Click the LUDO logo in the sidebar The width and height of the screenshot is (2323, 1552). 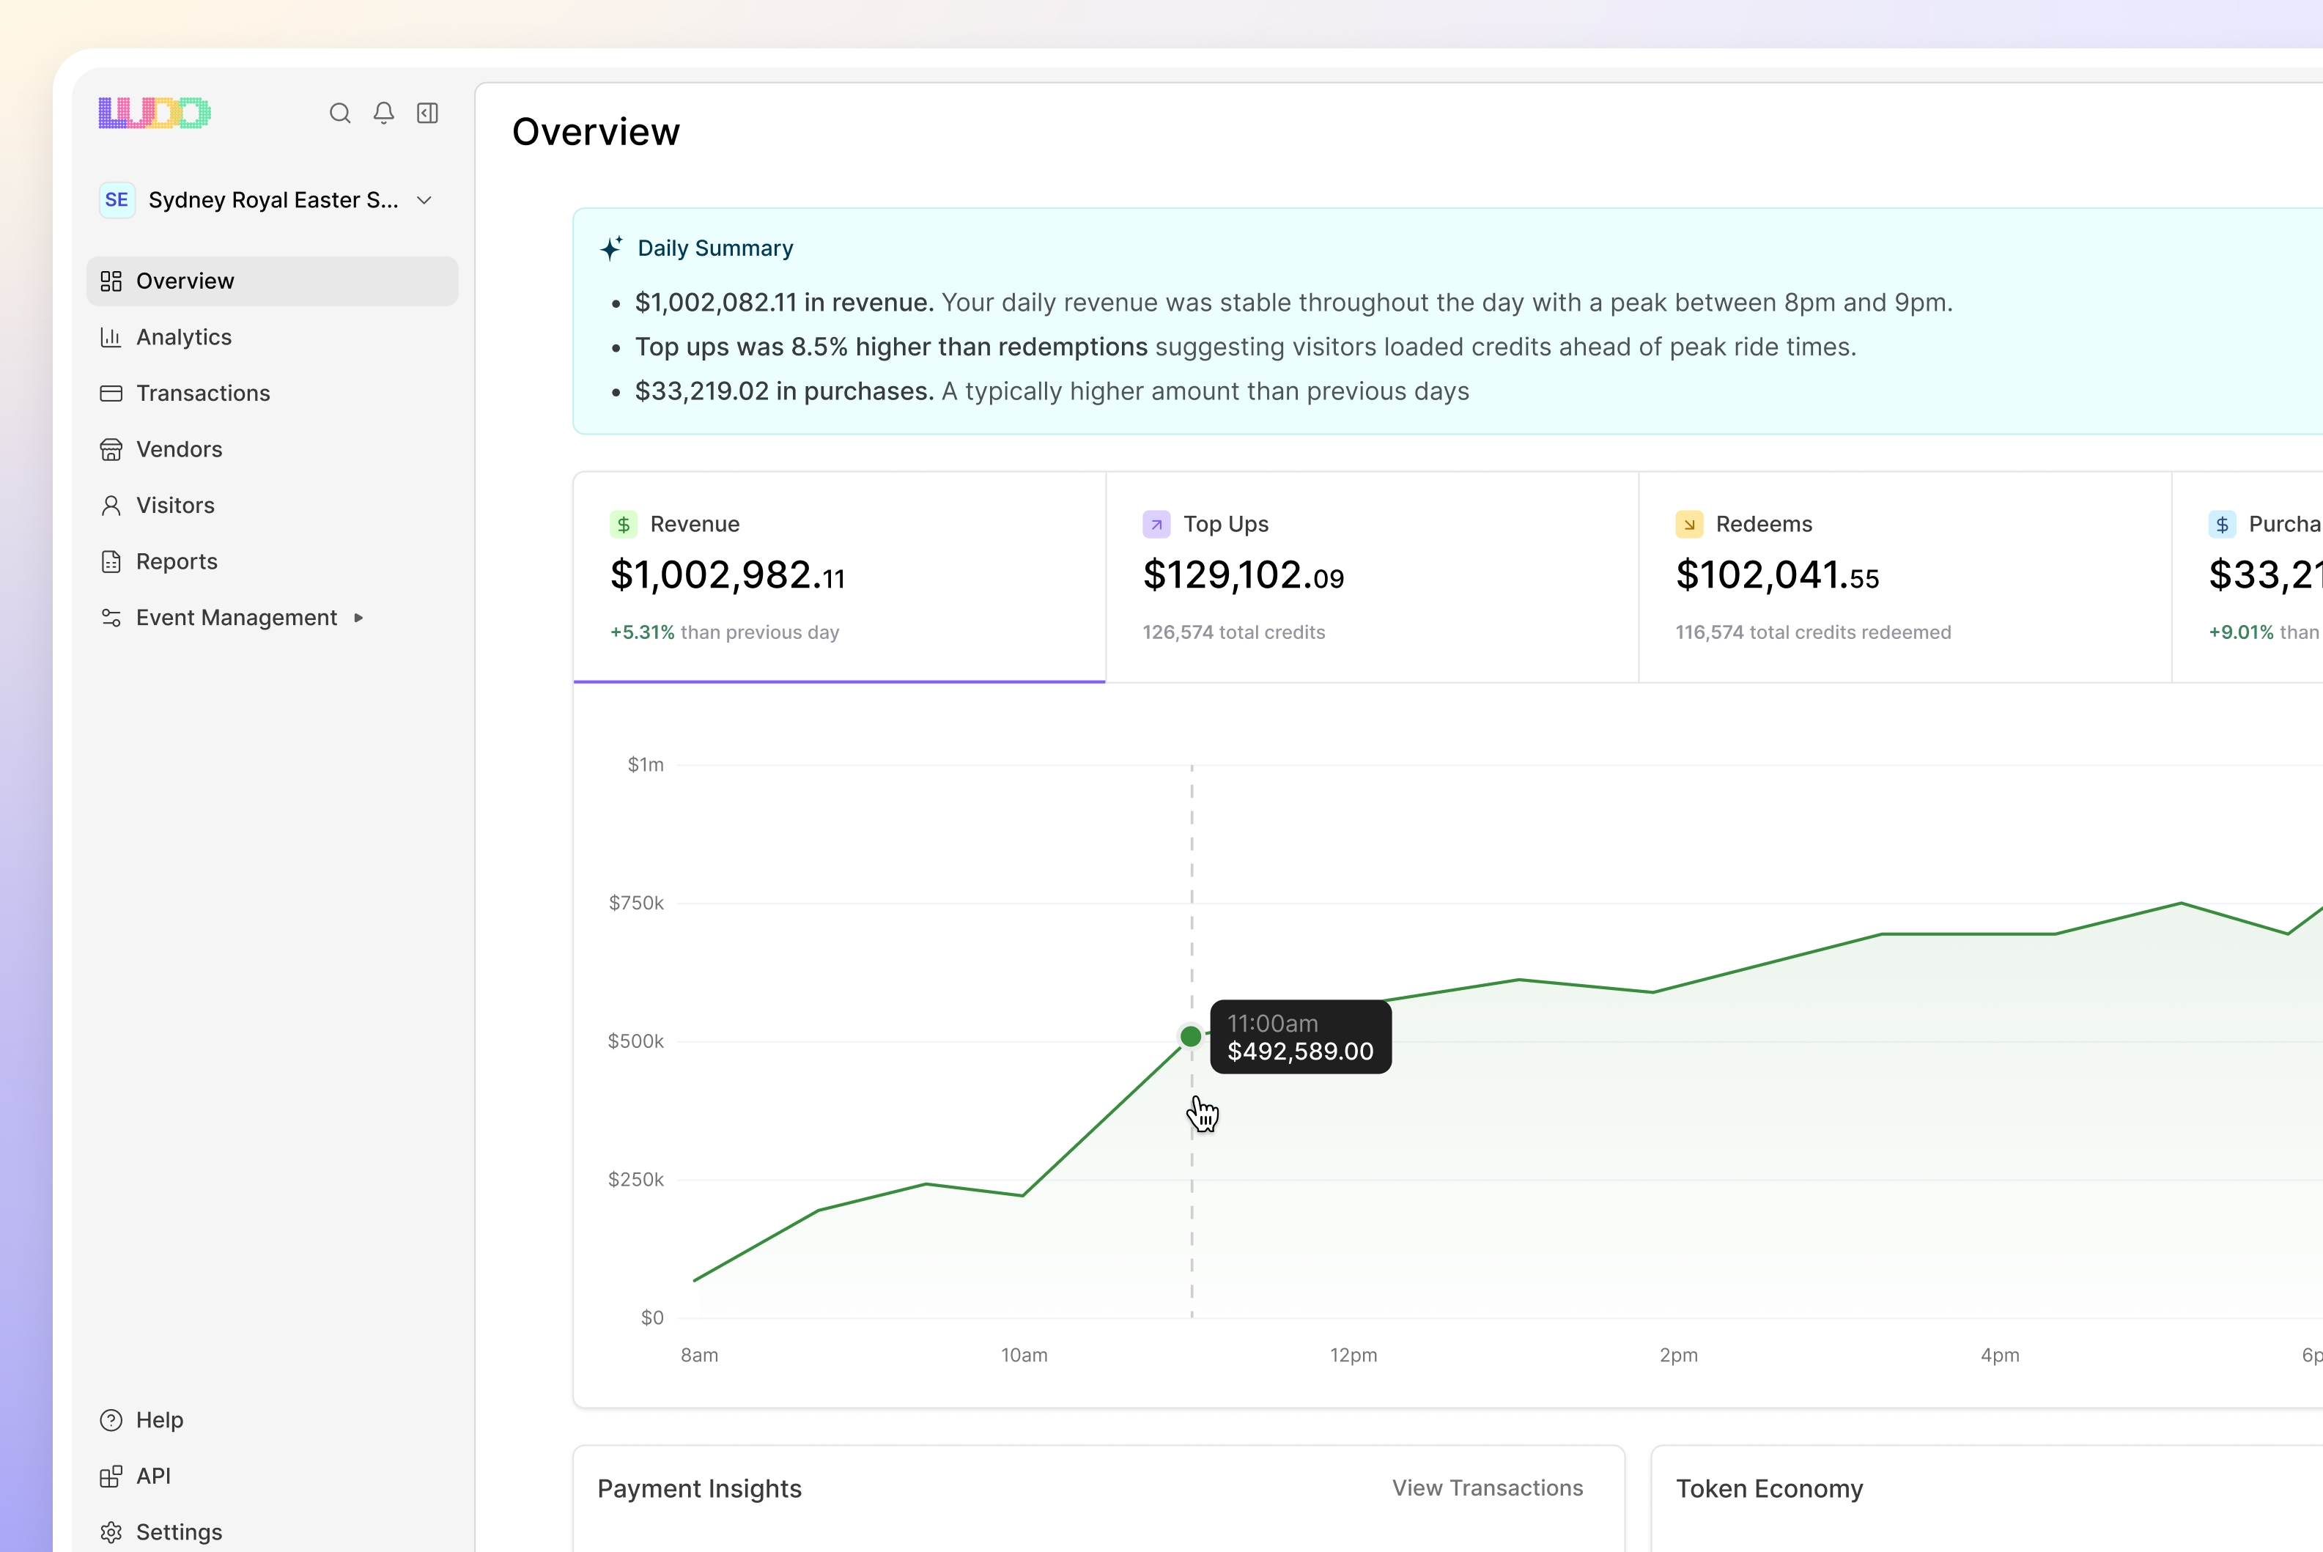(155, 113)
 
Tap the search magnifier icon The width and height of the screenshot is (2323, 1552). (339, 113)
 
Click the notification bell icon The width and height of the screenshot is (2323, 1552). (384, 113)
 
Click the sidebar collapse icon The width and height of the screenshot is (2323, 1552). (427, 113)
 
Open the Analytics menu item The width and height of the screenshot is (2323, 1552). (183, 338)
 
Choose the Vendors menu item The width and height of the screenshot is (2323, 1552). (178, 449)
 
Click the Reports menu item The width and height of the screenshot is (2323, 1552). (176, 561)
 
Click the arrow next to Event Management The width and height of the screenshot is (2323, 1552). (358, 618)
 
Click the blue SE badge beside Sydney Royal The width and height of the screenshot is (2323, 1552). (117, 200)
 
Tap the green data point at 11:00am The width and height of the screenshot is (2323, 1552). (1191, 1036)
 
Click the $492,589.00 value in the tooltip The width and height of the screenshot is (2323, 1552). (1299, 1052)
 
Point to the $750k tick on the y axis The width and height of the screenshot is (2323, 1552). (635, 903)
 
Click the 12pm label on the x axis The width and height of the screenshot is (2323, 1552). (1353, 1355)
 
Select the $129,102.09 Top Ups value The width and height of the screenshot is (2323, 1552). (1243, 575)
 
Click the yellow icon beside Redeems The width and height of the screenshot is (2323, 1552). (1688, 525)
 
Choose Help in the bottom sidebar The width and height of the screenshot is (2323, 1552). (158, 1420)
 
